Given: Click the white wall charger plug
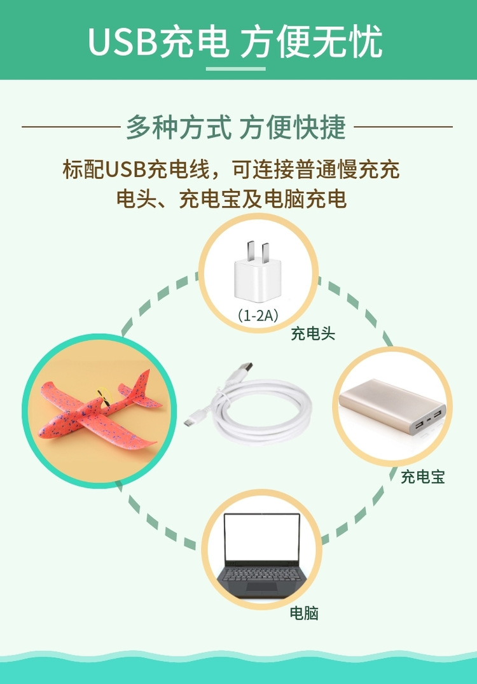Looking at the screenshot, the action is click(x=258, y=272).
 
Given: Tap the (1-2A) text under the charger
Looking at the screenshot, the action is click(x=258, y=316).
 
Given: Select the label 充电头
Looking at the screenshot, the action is click(x=313, y=333).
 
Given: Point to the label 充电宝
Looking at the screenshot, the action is click(x=422, y=477).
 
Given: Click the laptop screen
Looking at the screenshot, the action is click(x=262, y=537).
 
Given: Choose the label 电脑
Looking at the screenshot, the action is click(x=305, y=613).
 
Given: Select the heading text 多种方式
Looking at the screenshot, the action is click(x=178, y=127).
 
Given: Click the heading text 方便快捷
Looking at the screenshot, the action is click(x=293, y=127).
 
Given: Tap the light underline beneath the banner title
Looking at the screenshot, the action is click(x=235, y=69).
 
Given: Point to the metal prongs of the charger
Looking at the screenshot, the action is click(x=256, y=251).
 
